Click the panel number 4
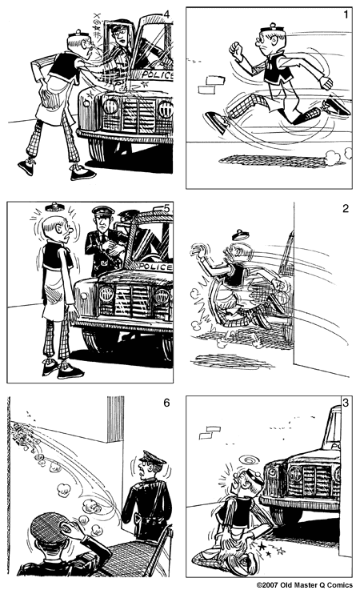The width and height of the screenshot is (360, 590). click(x=166, y=14)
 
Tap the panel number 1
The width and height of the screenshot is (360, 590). click(x=344, y=14)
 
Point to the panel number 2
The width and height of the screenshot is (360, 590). click(x=345, y=210)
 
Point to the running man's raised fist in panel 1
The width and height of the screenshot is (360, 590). click(x=235, y=49)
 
